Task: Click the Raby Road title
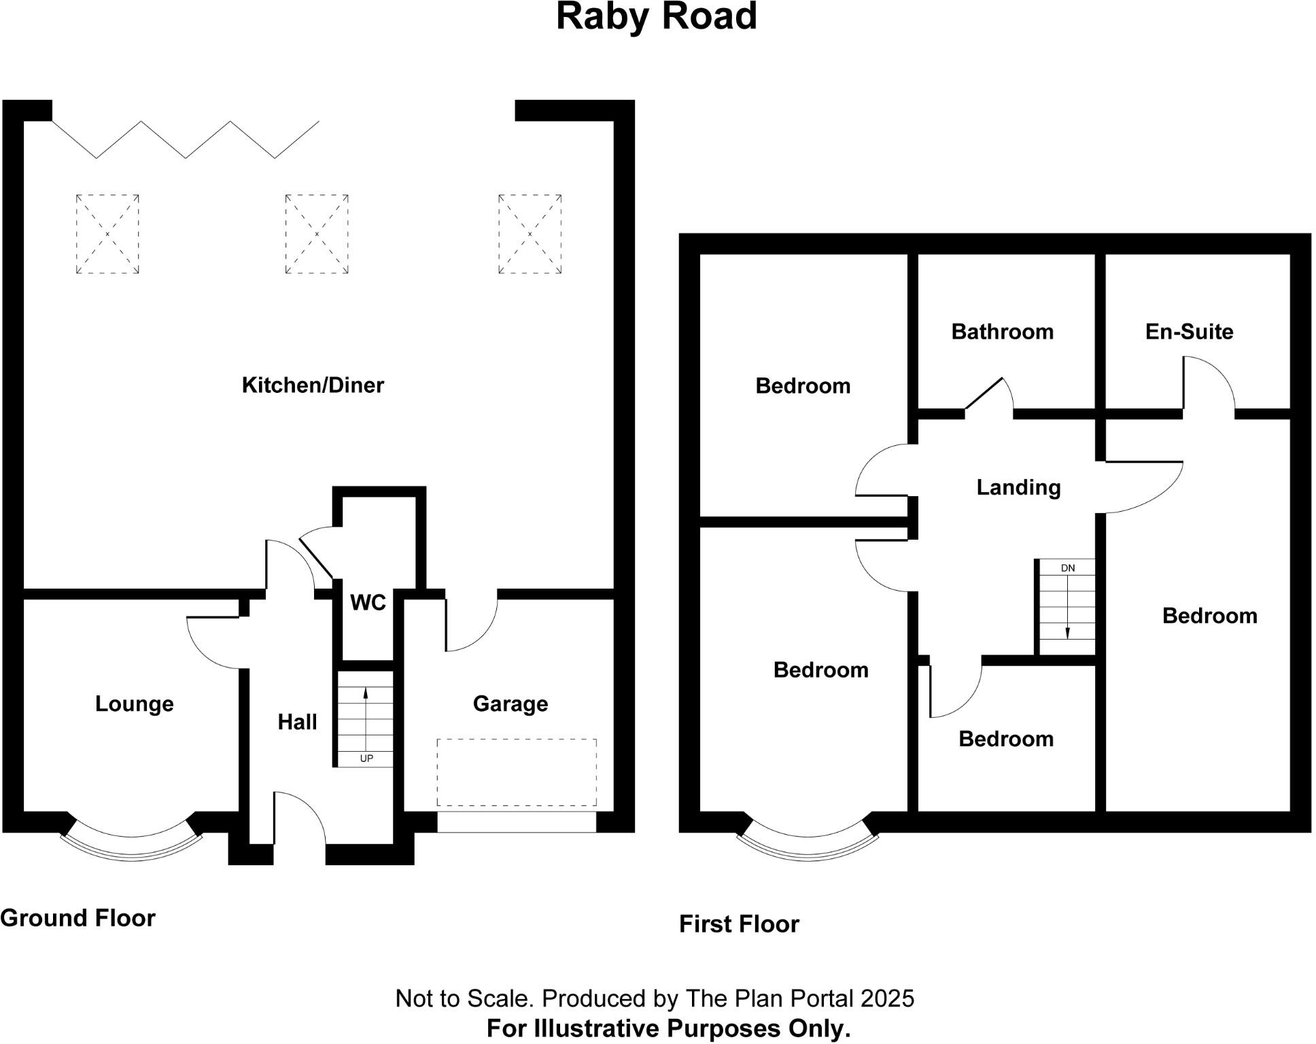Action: (656, 17)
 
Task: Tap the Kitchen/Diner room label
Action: (313, 385)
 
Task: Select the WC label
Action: (368, 602)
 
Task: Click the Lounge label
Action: (134, 703)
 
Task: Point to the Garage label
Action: (510, 703)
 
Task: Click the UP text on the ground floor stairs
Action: (366, 759)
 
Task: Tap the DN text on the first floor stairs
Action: (1068, 568)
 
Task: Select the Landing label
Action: (1018, 487)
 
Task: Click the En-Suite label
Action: (1189, 332)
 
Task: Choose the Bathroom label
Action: (1002, 332)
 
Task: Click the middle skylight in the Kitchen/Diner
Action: (317, 234)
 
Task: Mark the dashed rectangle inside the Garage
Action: (517, 772)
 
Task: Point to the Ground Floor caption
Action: (77, 918)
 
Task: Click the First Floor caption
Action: (739, 924)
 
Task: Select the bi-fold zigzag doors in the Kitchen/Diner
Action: (186, 140)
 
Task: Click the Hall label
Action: (297, 722)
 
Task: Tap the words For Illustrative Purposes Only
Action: (668, 1028)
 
